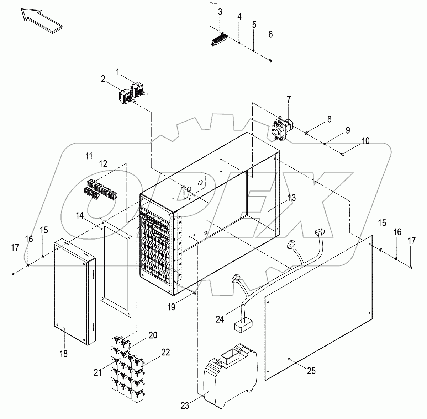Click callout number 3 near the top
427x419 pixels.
pyautogui.click(x=220, y=12)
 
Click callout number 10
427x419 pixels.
pyautogui.click(x=366, y=141)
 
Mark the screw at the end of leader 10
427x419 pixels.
pyautogui.click(x=342, y=154)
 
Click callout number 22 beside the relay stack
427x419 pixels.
pyautogui.click(x=165, y=353)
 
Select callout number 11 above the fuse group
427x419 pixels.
pyautogui.click(x=89, y=156)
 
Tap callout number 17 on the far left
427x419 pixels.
pyautogui.click(x=15, y=248)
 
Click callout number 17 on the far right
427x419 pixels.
pyautogui.click(x=411, y=241)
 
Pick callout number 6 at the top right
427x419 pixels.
pyautogui.click(x=270, y=34)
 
